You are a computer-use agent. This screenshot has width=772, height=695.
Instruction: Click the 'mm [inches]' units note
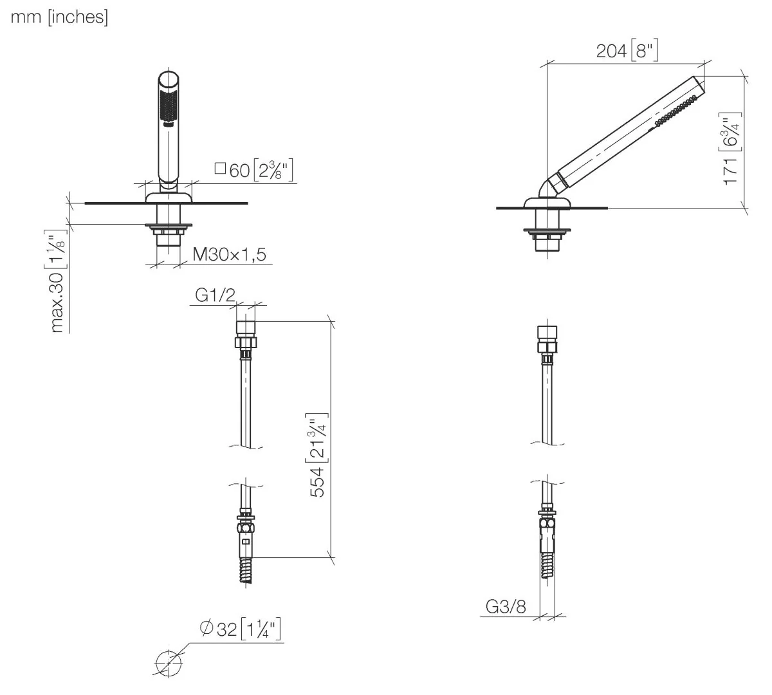click(59, 17)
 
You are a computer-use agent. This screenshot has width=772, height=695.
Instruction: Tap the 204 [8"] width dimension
click(627, 51)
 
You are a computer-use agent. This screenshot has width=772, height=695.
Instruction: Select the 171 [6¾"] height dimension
click(730, 149)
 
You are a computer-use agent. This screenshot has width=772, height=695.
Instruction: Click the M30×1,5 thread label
click(230, 255)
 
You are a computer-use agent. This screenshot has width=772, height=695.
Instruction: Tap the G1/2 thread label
click(215, 295)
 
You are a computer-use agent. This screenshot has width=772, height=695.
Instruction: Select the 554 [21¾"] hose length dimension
click(318, 455)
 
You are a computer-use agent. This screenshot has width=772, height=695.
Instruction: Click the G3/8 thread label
click(506, 607)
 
